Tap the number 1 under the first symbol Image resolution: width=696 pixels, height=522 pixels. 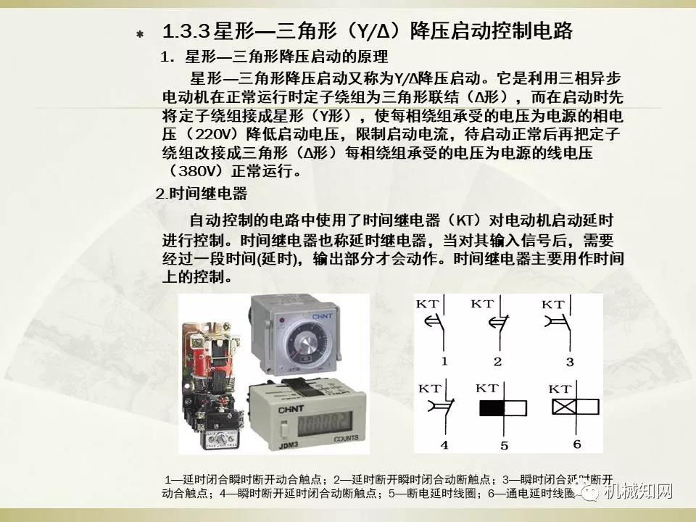444,361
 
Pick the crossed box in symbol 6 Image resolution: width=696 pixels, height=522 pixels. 565,407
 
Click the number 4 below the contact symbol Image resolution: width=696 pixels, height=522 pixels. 444,444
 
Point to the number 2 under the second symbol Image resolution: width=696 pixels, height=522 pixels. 497,361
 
